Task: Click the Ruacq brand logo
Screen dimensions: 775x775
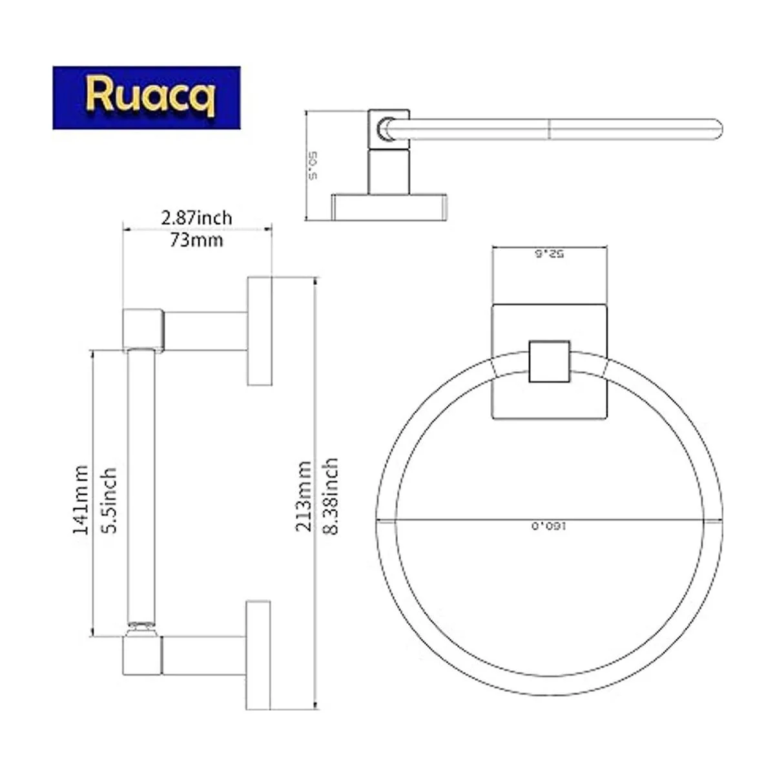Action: click(x=147, y=98)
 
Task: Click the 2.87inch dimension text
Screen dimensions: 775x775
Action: click(x=196, y=218)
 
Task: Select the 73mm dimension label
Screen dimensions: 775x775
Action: click(x=196, y=240)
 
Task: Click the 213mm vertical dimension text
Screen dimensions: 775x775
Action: click(x=304, y=495)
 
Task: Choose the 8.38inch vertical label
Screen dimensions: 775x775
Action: click(x=331, y=495)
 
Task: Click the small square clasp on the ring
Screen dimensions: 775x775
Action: click(x=549, y=360)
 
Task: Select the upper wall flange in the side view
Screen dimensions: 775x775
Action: click(x=260, y=332)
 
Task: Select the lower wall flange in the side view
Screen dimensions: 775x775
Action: click(x=260, y=655)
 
